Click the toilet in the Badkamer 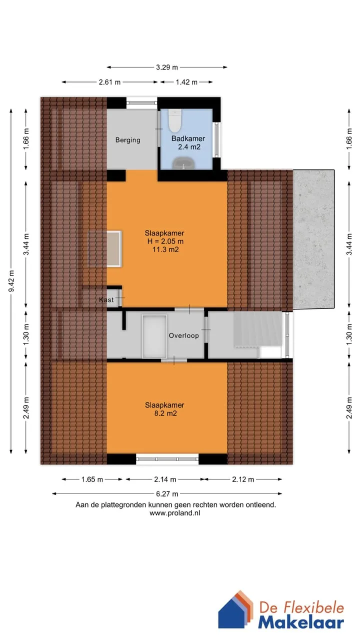pos(174,121)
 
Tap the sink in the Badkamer pos(183,163)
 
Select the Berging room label pos(127,140)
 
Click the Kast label pos(106,299)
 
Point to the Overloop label pos(183,335)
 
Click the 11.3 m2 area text pos(165,249)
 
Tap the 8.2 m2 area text pos(165,413)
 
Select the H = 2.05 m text pos(165,241)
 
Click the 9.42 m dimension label pos(11,281)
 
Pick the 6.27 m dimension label pos(167,493)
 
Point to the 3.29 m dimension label pos(167,67)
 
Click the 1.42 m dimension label pos(186,82)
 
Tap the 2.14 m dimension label pos(165,479)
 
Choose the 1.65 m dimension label pos(92,479)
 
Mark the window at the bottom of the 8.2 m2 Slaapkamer pos(167,459)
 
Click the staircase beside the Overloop pos(257,329)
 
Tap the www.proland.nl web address pos(175,513)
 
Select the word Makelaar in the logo pos(301,622)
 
